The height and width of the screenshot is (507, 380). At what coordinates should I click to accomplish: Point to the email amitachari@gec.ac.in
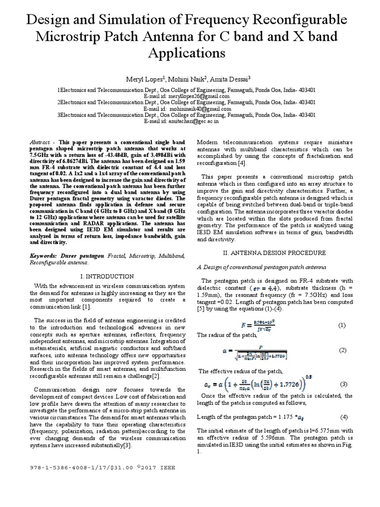[x=203, y=121]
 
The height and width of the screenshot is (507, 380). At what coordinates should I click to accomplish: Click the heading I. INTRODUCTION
[x=106, y=276]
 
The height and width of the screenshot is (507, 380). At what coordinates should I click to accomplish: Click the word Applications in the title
[x=190, y=52]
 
